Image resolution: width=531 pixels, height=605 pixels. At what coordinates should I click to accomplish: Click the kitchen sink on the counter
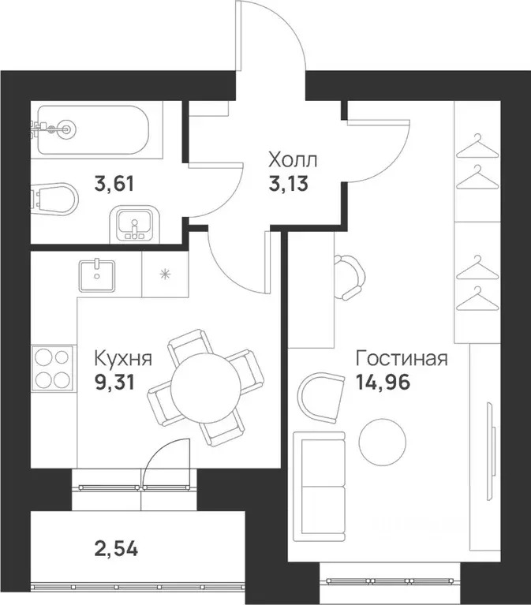(97, 273)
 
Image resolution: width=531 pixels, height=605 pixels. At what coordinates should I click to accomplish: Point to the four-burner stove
(52, 369)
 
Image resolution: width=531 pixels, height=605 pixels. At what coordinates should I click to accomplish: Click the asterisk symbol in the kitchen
(164, 274)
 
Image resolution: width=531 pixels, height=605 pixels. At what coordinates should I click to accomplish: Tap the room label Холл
(291, 162)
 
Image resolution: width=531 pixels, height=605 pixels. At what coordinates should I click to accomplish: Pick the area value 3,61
(114, 185)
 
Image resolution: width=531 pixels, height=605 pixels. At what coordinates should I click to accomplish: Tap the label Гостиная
(402, 360)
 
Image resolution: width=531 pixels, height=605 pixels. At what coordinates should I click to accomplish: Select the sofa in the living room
(320, 487)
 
